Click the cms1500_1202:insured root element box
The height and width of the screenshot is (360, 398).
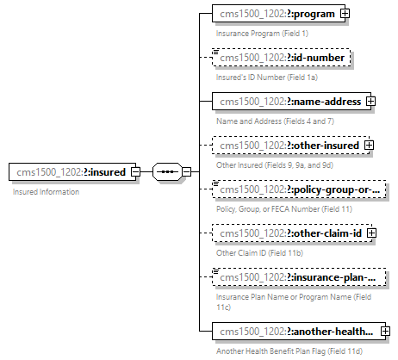point(69,172)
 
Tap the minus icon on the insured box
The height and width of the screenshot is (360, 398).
point(135,172)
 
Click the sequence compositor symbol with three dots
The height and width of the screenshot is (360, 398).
point(166,172)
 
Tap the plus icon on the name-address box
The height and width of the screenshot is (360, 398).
point(371,101)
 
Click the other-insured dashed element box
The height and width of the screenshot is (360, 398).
point(288,145)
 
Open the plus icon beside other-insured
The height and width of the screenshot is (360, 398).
point(370,145)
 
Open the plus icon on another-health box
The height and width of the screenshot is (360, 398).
point(385,331)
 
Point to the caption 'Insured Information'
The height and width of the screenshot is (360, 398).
point(46,192)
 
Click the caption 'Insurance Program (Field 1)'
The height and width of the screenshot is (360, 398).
point(261,33)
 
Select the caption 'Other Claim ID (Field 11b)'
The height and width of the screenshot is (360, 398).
point(258,252)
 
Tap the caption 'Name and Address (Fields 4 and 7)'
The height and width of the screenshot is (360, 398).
point(273,121)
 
